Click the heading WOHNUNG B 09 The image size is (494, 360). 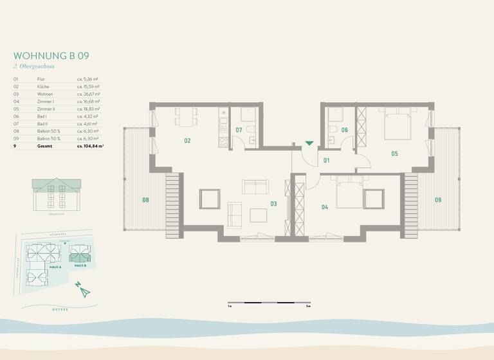[x=51, y=56]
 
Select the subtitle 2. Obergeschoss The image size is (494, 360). [x=33, y=66]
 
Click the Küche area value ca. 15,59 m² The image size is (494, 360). [x=87, y=85]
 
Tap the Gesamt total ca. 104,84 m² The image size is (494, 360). [x=90, y=147]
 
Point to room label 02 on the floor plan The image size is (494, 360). [x=187, y=140]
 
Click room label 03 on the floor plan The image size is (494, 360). [x=273, y=204]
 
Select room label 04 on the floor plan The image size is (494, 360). [x=324, y=207]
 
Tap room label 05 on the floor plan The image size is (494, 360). [x=394, y=154]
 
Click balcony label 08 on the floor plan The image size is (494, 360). [x=145, y=200]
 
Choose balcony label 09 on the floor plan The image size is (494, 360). [x=437, y=200]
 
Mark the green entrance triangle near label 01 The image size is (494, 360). [x=309, y=143]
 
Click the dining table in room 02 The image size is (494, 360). [x=187, y=117]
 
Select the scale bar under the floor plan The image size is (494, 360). [x=269, y=302]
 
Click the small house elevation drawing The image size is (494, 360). [x=57, y=194]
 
